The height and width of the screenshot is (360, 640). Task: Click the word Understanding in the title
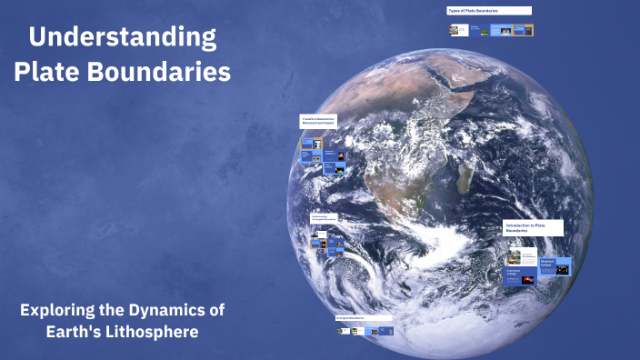(123, 37)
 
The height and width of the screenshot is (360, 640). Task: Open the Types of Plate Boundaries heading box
(488, 11)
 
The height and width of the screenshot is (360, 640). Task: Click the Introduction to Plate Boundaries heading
(534, 227)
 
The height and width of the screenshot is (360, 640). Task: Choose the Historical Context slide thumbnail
(555, 266)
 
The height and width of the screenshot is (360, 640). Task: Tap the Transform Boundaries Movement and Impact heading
(319, 120)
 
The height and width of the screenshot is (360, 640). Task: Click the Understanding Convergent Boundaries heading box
(325, 219)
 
